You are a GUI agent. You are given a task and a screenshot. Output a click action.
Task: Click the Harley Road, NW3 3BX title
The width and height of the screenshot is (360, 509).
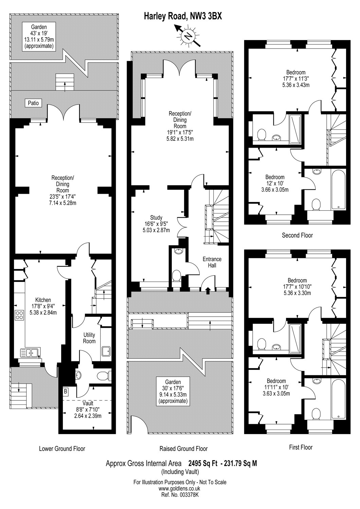click(183, 16)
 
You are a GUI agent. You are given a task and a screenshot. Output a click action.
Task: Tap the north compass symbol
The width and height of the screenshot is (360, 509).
click(188, 36)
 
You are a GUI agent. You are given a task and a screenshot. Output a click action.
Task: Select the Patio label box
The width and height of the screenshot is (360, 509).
click(33, 103)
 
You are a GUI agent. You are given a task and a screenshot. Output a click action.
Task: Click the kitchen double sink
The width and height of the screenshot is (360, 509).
click(31, 353)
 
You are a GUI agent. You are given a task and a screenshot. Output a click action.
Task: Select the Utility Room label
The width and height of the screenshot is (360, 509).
click(89, 338)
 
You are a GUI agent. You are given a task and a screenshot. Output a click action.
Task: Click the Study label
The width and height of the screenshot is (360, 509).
click(156, 218)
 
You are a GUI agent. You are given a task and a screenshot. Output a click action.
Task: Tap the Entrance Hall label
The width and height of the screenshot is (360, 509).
click(212, 262)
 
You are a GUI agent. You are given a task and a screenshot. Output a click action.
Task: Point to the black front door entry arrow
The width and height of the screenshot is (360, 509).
click(208, 291)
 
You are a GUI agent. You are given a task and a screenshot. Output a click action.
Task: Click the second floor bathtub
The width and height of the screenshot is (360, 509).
click(338, 189)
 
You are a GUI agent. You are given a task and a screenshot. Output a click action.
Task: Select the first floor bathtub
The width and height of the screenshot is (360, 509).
click(338, 399)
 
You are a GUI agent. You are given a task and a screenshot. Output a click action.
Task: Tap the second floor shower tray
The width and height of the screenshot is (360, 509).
click(295, 129)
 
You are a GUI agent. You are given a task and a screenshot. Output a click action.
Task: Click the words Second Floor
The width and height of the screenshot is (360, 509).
click(297, 235)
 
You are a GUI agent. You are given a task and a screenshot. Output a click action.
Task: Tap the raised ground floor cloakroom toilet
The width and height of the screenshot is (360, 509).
click(176, 276)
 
